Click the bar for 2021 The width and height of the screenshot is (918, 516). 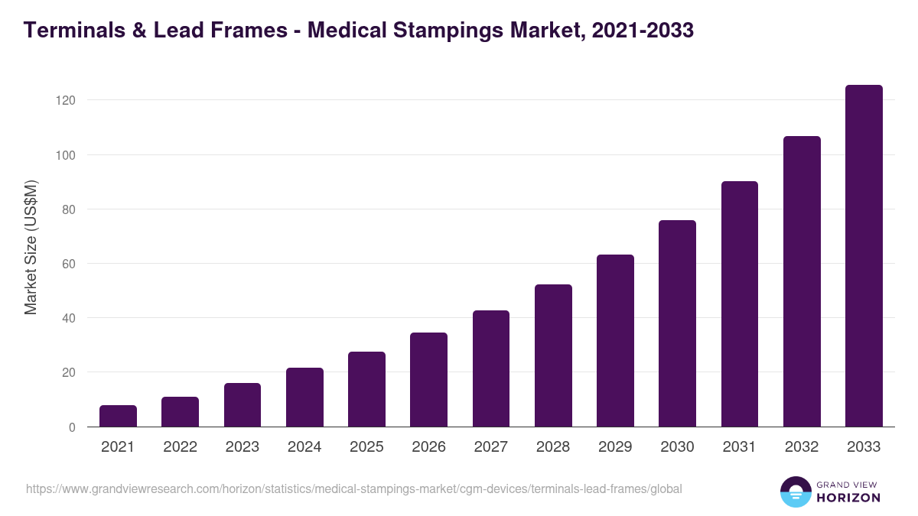click(x=118, y=416)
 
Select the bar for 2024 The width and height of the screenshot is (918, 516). click(x=304, y=398)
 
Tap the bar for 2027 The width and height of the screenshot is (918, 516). click(x=491, y=368)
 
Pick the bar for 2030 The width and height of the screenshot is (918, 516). click(x=677, y=323)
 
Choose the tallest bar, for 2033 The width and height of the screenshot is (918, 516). click(x=864, y=256)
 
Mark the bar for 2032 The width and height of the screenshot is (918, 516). click(x=802, y=281)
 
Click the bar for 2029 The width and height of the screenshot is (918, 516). click(x=615, y=341)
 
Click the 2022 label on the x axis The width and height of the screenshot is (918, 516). click(x=180, y=447)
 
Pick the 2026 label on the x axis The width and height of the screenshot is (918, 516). click(x=428, y=447)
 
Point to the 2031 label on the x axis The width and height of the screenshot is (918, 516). click(x=739, y=447)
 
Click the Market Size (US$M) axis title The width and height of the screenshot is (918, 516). click(x=31, y=248)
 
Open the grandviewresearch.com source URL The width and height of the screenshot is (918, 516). click(x=353, y=488)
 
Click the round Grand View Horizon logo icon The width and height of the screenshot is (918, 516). click(x=795, y=492)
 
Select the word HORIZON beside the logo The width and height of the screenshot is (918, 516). click(x=848, y=498)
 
